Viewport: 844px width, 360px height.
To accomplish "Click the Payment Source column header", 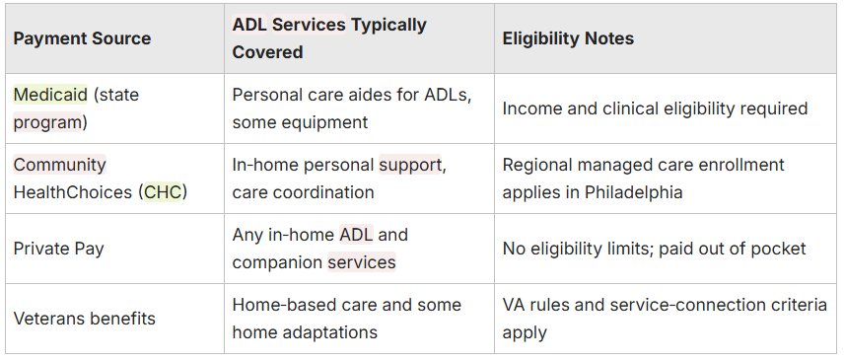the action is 82,38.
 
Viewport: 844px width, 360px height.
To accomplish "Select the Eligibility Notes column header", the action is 568,38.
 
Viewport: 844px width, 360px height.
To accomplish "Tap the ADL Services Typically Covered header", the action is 329,38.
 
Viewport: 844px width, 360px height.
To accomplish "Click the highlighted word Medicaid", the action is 50,95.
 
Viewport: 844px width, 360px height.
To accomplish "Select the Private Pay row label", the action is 58,250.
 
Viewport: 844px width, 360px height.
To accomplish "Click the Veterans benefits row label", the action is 84,319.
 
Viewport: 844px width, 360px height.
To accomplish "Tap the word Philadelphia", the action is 634,192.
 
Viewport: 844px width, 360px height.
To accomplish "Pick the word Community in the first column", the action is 60,165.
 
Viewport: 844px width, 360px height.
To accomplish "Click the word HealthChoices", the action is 73,192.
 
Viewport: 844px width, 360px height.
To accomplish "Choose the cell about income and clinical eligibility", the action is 655,108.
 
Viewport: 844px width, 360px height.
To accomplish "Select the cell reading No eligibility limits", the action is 654,249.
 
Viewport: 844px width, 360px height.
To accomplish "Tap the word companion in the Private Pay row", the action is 277,262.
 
